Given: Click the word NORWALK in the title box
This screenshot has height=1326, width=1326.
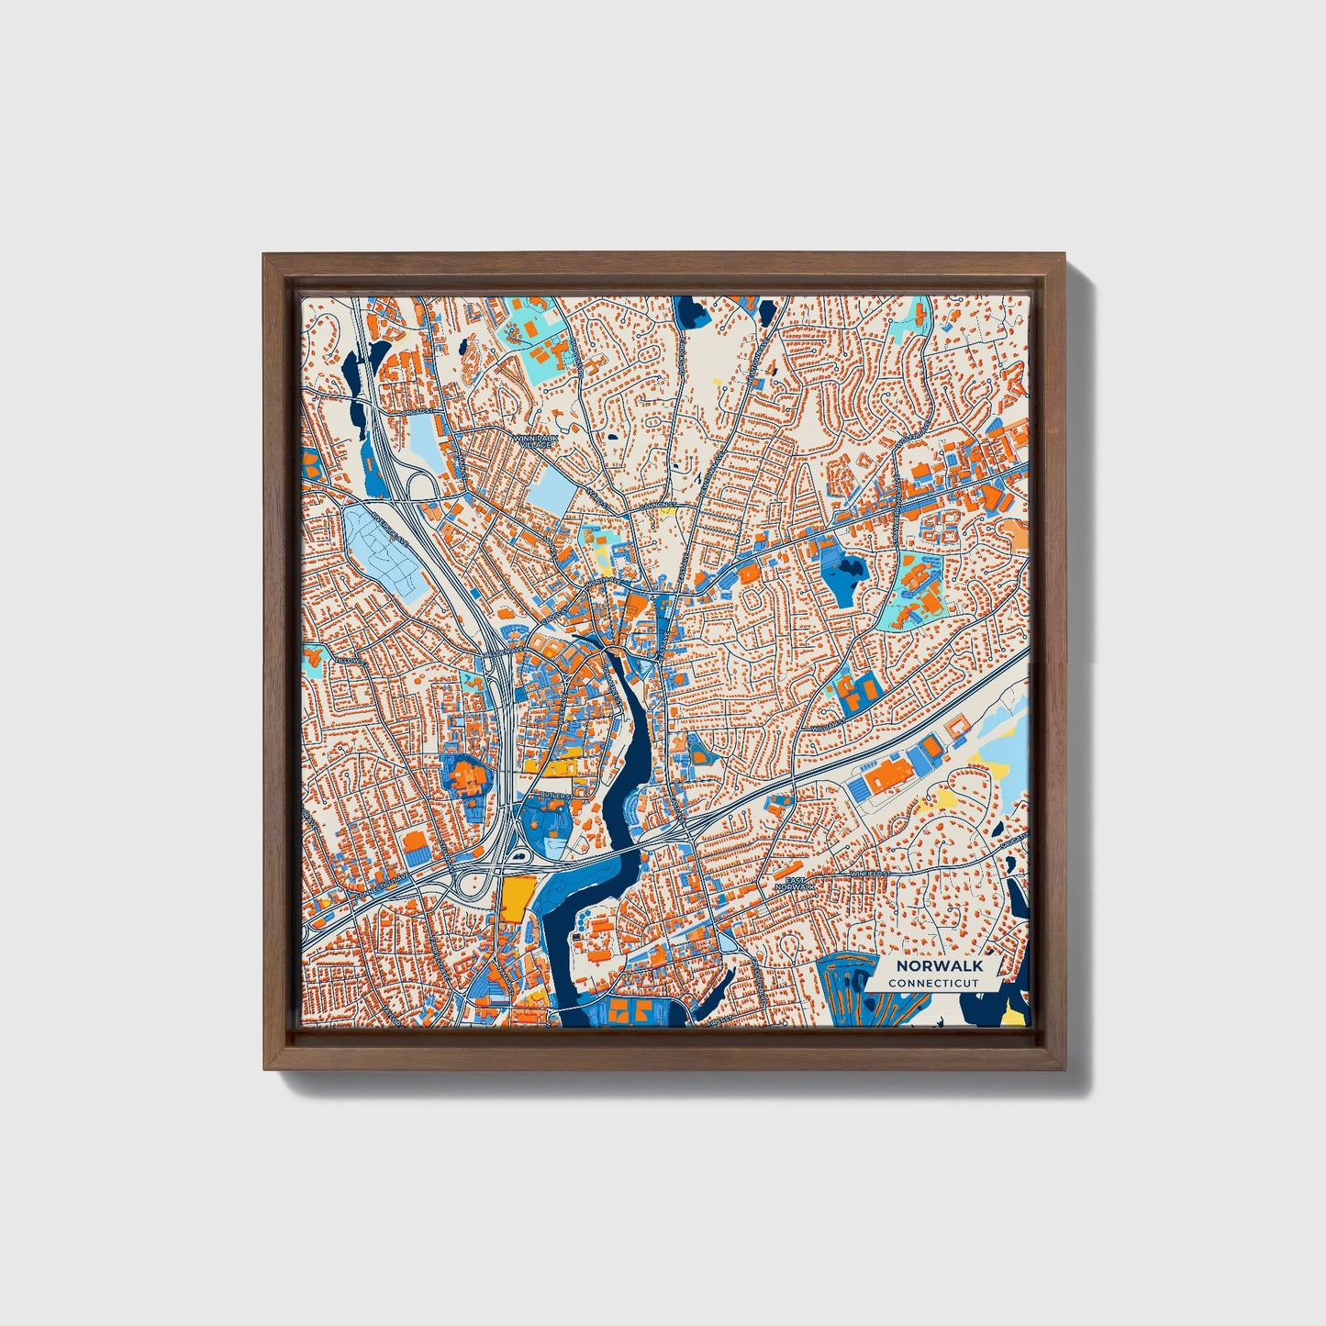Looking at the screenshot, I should coord(939,966).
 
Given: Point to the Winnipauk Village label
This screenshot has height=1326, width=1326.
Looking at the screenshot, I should coord(535,441).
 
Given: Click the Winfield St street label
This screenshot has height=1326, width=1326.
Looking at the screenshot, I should coord(869,874).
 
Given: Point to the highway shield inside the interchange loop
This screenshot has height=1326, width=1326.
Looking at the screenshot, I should coord(520,857).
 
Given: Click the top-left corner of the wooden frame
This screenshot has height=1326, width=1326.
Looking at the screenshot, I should coord(265,256).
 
